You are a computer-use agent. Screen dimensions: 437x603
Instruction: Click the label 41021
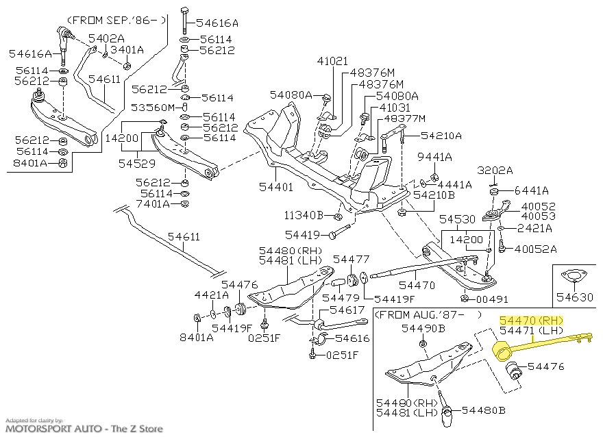(332, 62)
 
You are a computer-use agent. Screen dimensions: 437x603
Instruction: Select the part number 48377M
(404, 118)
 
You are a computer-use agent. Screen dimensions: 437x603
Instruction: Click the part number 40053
(539, 216)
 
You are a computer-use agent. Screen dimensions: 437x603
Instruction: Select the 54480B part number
(483, 411)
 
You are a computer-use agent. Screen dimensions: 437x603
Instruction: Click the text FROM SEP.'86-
(118, 20)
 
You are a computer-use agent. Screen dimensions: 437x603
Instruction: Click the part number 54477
(351, 259)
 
